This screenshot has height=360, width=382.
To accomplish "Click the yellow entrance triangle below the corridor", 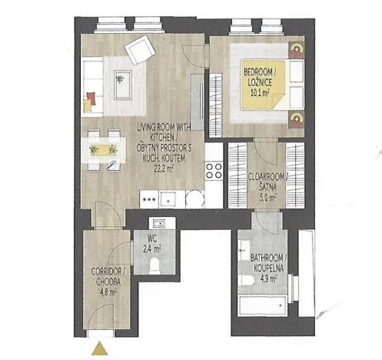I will pos(99,348).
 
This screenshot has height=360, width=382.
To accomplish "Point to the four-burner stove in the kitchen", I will pos(214,170).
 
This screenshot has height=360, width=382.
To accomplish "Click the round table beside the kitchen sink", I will pos(195,199).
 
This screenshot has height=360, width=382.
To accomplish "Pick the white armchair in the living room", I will pos(141,50).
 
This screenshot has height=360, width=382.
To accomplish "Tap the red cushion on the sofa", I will pos(91,97).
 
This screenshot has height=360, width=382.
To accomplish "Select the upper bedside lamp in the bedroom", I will pos(296,52).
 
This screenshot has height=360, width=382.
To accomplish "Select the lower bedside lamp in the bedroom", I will pos(296,117).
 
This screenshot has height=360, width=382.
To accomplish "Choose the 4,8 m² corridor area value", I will pos(106,292).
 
